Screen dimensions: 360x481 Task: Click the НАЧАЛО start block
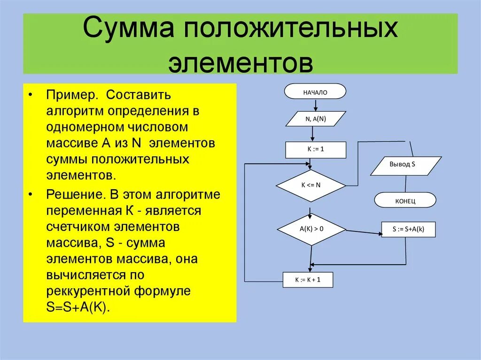[315, 92]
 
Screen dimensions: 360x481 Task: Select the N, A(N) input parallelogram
[316, 119]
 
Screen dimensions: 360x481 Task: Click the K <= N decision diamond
[310, 185]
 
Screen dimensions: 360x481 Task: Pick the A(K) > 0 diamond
[311, 229]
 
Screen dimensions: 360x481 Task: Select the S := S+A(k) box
[408, 230]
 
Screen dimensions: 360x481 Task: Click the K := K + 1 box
[308, 280]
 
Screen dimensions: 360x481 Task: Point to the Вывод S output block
[406, 165]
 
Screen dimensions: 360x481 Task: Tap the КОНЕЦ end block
[405, 201]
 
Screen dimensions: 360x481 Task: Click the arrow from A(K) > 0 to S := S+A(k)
[364, 231]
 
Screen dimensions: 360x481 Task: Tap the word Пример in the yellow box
[71, 95]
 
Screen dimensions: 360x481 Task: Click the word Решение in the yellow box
[74, 194]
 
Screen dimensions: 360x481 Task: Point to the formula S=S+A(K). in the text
[78, 307]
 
